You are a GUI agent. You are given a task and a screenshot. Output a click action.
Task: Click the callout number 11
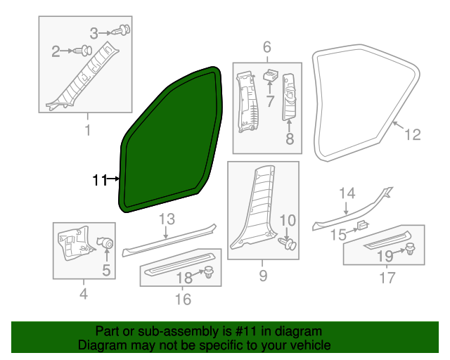[x=99, y=181]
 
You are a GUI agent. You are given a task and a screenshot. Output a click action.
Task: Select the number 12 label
[x=413, y=134]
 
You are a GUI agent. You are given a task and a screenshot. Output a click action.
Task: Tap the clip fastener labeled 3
[x=125, y=30]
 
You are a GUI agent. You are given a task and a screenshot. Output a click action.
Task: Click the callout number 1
[x=87, y=130]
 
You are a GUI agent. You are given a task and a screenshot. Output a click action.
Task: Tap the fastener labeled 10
[x=291, y=243]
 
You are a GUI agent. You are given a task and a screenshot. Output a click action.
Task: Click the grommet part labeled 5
[x=108, y=243]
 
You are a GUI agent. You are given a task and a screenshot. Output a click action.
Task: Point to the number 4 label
[x=84, y=294]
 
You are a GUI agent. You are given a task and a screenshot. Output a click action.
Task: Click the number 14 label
[x=347, y=193]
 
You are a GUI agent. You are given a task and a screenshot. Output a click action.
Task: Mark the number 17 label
[x=387, y=278]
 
